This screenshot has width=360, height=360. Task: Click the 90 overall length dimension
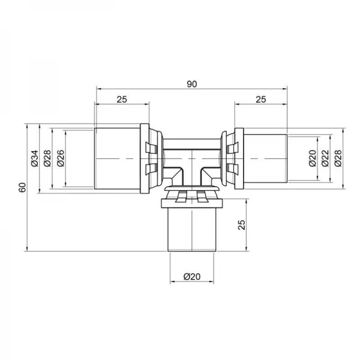(x=191, y=85)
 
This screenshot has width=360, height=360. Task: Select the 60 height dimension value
(x=23, y=187)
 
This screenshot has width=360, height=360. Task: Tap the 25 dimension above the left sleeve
(x=122, y=100)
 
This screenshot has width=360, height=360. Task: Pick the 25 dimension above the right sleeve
(x=260, y=100)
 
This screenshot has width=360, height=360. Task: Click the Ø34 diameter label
(x=34, y=158)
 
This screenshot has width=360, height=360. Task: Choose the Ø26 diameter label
(x=61, y=158)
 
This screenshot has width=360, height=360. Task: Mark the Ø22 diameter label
(x=325, y=158)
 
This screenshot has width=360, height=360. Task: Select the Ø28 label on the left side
(x=47, y=158)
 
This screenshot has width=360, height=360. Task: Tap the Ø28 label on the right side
(x=338, y=158)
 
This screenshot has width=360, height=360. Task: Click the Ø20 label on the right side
(x=311, y=158)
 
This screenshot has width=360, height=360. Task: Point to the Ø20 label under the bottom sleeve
(x=191, y=277)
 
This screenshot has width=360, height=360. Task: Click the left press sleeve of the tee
(x=118, y=158)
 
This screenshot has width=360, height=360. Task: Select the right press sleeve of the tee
(x=264, y=158)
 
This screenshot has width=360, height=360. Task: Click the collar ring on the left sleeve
(x=146, y=158)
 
